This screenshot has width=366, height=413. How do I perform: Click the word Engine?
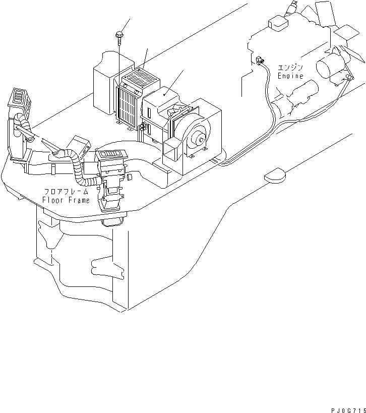point(290,76)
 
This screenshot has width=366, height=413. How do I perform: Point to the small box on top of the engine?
point(276,23)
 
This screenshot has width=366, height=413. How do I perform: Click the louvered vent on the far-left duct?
point(19,97)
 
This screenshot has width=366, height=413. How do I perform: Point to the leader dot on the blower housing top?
point(164,94)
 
